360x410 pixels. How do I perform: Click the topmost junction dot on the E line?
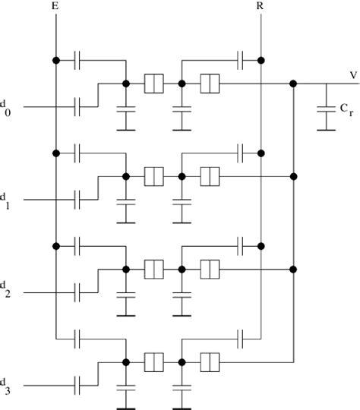point(56,60)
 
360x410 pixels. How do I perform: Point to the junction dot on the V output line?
point(293,84)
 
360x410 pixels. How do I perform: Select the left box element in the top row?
point(154,84)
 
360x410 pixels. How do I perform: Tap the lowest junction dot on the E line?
point(56,245)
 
